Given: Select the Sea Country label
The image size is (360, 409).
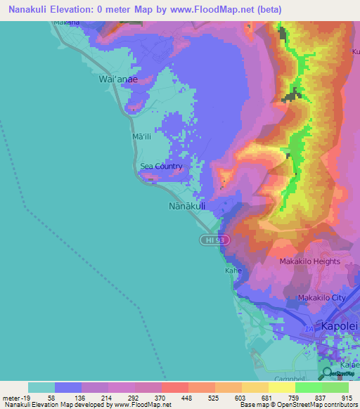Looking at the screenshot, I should tap(161, 167).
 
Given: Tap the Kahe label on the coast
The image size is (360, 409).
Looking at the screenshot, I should tap(233, 270).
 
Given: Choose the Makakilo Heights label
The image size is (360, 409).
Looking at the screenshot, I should tap(309, 261).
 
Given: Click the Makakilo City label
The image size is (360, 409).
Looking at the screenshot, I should tap(322, 298).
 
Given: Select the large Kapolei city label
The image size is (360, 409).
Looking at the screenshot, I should tap(340, 327).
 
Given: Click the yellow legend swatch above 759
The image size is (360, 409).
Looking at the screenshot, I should tap(281, 387).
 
